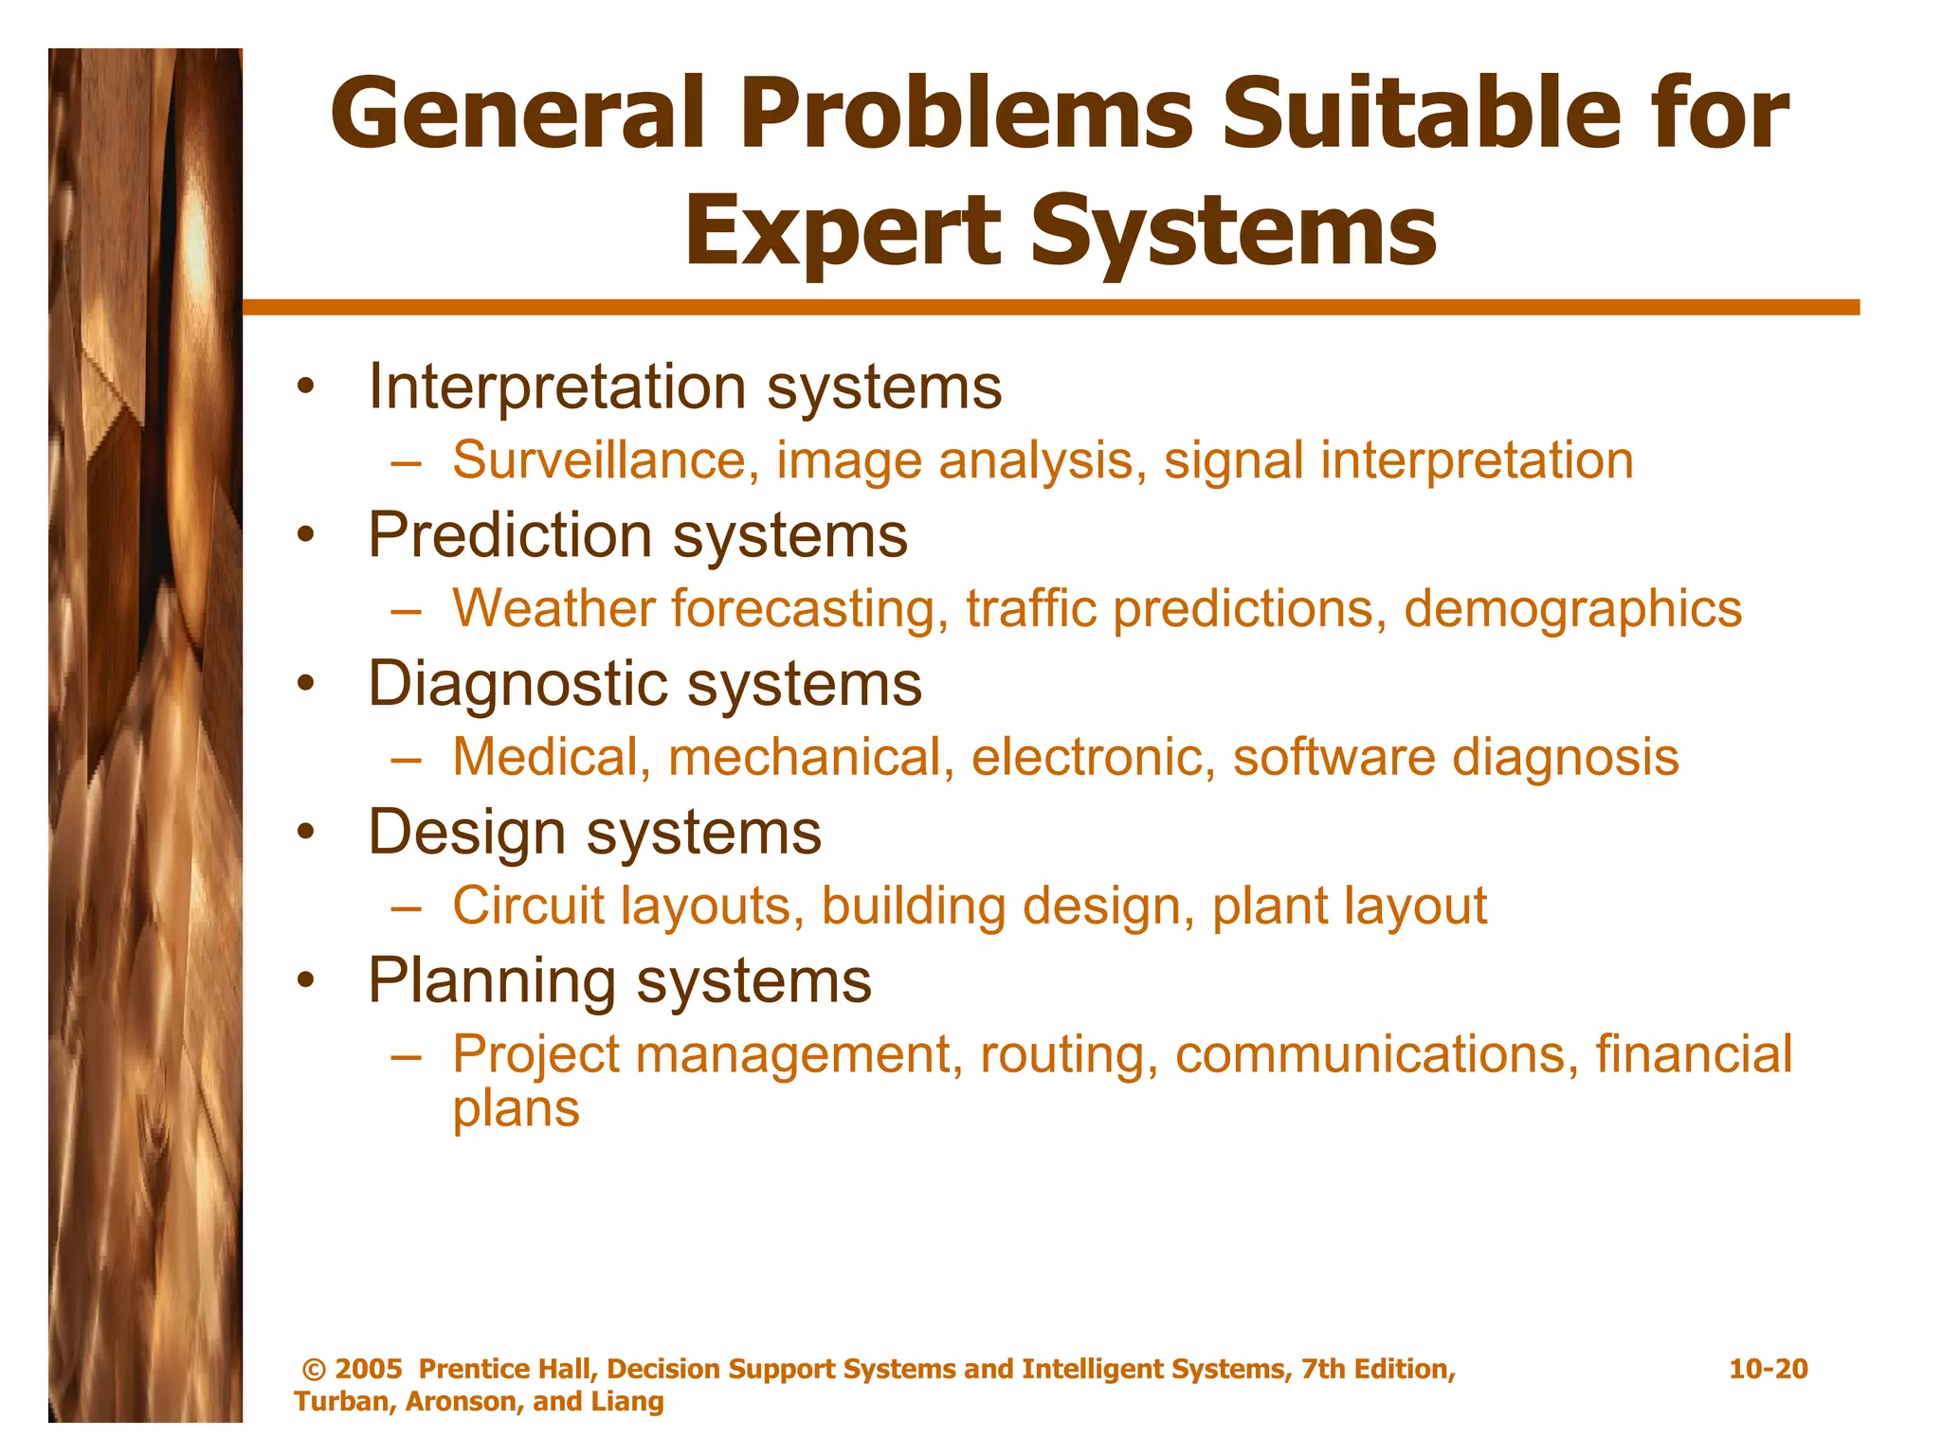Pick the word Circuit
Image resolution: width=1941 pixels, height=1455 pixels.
(528, 907)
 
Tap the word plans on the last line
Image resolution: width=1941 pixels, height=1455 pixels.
(516, 1110)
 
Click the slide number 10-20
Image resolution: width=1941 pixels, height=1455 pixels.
(1768, 1369)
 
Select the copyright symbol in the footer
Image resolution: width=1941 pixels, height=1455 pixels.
(314, 1370)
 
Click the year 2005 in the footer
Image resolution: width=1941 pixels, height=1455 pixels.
(369, 1369)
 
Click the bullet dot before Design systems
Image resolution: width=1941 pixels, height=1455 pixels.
(304, 833)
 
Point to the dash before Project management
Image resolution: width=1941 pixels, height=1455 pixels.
(405, 1056)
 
